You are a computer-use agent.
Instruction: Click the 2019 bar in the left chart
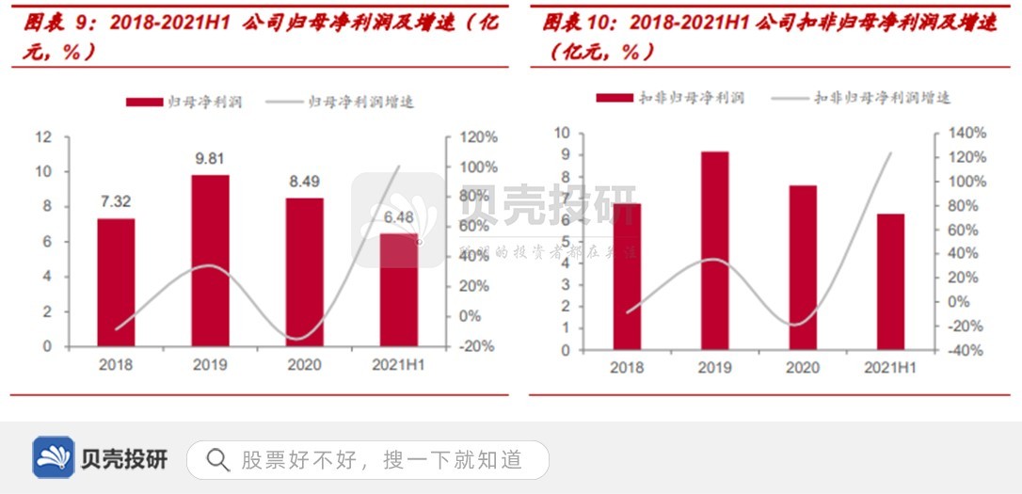coord(210,261)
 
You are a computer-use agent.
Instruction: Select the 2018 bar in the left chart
coord(116,282)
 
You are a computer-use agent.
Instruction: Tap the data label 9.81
coord(210,159)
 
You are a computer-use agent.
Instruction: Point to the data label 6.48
coord(399,217)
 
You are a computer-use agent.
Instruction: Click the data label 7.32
coord(116,202)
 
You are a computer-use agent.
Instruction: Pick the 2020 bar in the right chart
coord(803,267)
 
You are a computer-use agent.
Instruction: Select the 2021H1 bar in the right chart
coord(890,281)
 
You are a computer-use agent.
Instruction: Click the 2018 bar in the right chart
coord(627,277)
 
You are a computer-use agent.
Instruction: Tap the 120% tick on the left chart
coord(478,137)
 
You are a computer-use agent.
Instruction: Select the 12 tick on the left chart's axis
coord(43,137)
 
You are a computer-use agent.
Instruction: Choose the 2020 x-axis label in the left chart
coord(304,365)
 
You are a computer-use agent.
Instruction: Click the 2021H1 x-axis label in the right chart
coord(890,368)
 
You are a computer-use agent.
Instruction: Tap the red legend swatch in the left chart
coord(142,102)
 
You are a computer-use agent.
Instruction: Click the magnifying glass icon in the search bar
coord(217,460)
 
